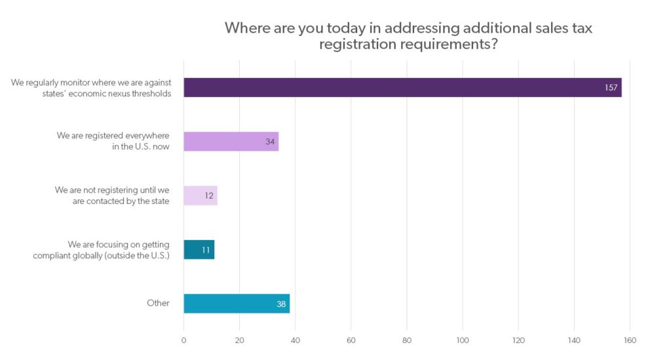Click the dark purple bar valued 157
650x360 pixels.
coord(393,87)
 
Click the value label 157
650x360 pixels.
coord(611,88)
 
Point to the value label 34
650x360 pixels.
coord(270,142)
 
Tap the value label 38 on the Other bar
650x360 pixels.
coord(281,304)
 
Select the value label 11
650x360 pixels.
coord(206,250)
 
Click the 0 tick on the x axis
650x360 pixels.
coord(183,340)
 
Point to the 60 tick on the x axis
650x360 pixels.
coord(351,340)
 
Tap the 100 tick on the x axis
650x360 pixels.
coord(463,340)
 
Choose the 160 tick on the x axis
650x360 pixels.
coord(630,340)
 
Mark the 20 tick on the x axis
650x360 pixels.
coord(239,340)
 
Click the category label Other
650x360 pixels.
coord(158,303)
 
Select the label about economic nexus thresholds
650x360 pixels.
coord(91,88)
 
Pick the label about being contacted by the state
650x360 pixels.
coord(112,195)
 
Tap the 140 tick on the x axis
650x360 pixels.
coord(574,340)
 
